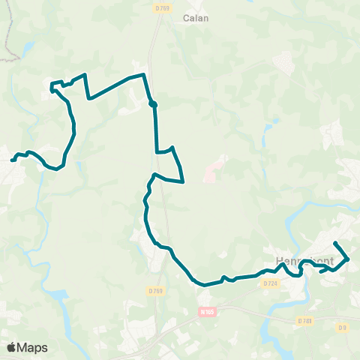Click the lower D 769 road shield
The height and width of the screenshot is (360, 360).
[x=156, y=290]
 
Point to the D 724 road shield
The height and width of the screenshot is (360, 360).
[x=271, y=283]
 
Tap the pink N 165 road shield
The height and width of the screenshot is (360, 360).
[x=208, y=310]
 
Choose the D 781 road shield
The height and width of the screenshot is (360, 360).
[x=304, y=320]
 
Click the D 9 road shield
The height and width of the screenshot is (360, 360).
[x=342, y=326]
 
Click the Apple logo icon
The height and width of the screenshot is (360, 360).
[x=13, y=347]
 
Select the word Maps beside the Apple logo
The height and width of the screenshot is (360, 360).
[x=33, y=347]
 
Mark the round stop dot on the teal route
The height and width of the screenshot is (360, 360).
[x=152, y=104]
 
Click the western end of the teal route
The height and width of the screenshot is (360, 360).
[x=12, y=159]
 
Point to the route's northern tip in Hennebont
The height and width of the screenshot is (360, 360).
[x=334, y=244]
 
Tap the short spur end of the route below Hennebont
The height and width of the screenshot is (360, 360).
[x=320, y=272]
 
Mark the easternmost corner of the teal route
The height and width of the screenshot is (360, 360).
[x=348, y=259]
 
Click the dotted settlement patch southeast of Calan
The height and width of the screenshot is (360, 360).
[x=286, y=63]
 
